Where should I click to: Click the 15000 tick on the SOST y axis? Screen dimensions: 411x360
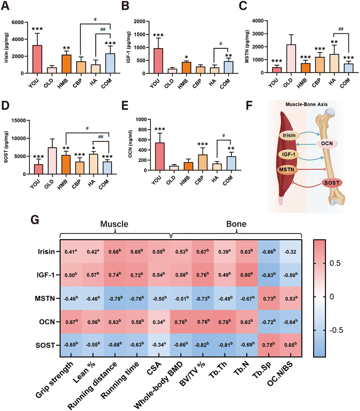point(25,120)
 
